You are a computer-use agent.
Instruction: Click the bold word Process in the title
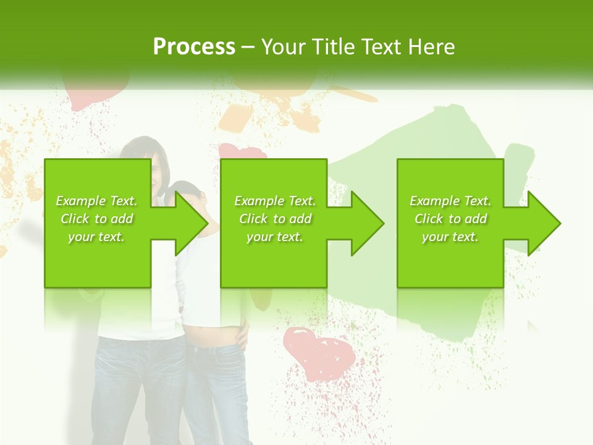pyautogui.click(x=194, y=47)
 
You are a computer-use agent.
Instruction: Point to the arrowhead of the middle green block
pyautogui.click(x=368, y=223)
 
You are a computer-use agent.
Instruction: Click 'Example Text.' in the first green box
pyautogui.click(x=97, y=201)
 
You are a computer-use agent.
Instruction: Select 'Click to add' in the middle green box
pyautogui.click(x=275, y=219)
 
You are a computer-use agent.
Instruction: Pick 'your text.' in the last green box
pyautogui.click(x=450, y=237)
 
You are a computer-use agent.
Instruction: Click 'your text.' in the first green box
pyautogui.click(x=97, y=237)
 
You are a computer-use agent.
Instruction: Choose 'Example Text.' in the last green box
pyautogui.click(x=450, y=201)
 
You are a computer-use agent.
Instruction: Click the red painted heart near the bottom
pyautogui.click(x=319, y=352)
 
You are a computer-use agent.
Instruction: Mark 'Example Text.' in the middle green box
pyautogui.click(x=275, y=201)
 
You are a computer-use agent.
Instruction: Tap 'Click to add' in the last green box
pyautogui.click(x=450, y=219)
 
